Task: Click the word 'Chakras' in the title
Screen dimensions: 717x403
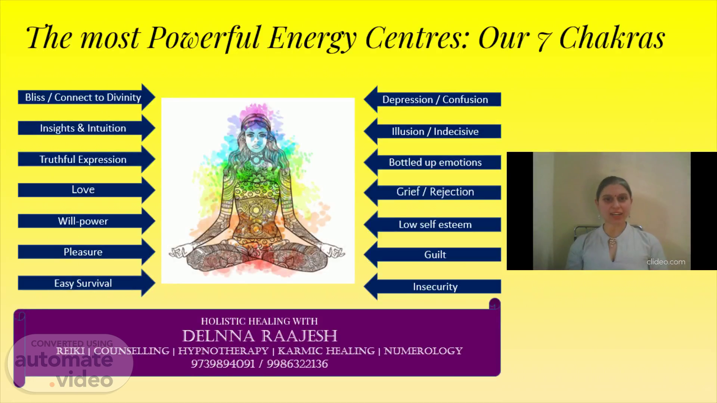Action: (x=612, y=38)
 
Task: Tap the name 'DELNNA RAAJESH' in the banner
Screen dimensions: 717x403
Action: (x=260, y=336)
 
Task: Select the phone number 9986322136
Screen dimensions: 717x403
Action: (x=297, y=364)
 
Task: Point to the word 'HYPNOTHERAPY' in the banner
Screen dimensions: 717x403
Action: (x=223, y=351)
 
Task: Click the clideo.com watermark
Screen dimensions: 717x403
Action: (x=666, y=262)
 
